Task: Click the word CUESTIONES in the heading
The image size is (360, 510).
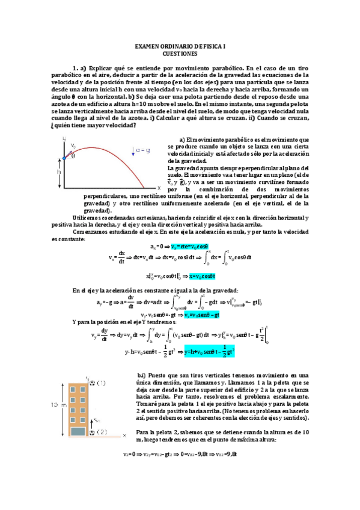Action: pos(180,53)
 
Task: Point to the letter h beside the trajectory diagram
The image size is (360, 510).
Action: pos(59,171)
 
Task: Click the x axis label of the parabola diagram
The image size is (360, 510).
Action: pos(159,188)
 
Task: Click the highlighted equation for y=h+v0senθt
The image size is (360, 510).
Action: pos(209,351)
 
